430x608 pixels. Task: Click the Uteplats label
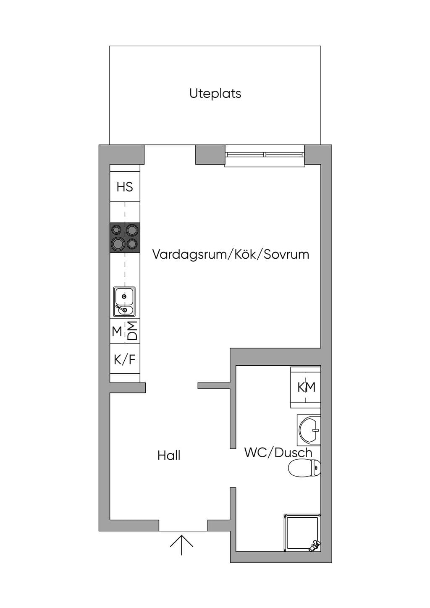coord(215,94)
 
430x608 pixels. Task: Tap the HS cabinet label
coord(125,187)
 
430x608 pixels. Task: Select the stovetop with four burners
coord(125,238)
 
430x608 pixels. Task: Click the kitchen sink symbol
coord(124,301)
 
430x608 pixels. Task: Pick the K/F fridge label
coord(125,360)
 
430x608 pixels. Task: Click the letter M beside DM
coord(117,331)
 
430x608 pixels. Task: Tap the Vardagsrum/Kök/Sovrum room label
coord(231,254)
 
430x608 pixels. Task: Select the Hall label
coord(169,456)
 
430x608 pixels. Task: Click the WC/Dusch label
coord(278,453)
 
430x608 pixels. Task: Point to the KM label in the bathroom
coord(307,387)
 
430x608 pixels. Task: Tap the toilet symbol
coord(304,468)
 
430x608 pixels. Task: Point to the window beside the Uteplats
coord(265,155)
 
